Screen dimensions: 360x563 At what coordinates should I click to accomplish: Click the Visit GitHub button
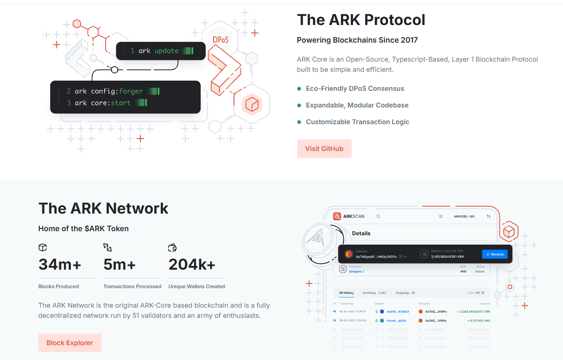[x=324, y=149]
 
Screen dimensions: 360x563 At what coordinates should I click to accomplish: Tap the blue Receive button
[x=494, y=254]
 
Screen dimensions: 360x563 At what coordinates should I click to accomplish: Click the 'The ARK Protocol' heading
[x=361, y=20]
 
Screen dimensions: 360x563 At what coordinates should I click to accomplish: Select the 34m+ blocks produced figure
[x=60, y=264]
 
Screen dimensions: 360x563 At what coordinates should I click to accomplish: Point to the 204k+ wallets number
[x=192, y=264]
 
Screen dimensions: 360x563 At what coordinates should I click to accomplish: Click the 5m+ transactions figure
[x=120, y=264]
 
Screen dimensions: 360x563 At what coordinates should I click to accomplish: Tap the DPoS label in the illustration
[x=221, y=40]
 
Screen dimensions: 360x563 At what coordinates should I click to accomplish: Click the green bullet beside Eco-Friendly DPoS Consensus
[x=299, y=88]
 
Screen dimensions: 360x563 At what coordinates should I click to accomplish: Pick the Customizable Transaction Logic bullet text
[x=357, y=122]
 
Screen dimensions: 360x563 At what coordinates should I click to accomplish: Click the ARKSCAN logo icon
[x=337, y=216]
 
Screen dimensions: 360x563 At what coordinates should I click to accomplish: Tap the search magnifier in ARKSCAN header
[x=378, y=216]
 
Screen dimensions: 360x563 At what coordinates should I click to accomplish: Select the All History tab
[x=346, y=293]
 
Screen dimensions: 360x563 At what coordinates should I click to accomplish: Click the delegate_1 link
[x=356, y=272]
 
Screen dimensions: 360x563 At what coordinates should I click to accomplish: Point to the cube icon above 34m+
[x=43, y=247]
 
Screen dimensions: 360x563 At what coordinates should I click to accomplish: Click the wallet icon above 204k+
[x=172, y=247]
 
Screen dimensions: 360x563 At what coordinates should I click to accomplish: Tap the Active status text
[x=480, y=272]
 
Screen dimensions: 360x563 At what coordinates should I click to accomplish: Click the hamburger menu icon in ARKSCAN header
[x=441, y=216]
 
